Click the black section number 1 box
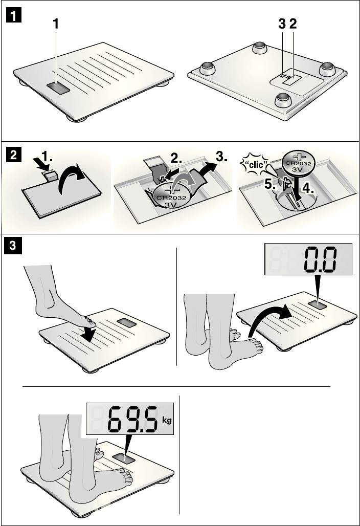click(14, 15)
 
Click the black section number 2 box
click(14, 156)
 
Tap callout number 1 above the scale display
click(56, 24)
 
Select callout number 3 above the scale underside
click(282, 24)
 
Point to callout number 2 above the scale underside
click(293, 24)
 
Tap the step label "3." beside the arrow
click(221, 157)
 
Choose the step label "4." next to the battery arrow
click(308, 188)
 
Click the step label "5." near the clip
click(271, 184)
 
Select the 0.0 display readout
click(320, 259)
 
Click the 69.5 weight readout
click(132, 419)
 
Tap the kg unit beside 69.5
click(167, 420)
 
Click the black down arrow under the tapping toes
click(88, 333)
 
